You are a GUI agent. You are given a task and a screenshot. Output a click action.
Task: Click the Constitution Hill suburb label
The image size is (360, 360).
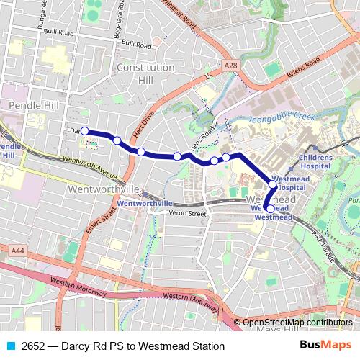pos(145,73)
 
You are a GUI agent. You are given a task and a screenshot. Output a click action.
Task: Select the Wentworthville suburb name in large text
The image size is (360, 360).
pos(102,189)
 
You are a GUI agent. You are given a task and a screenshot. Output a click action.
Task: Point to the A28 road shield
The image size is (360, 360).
pos(230,66)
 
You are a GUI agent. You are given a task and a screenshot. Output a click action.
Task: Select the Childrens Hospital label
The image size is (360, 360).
pos(315,161)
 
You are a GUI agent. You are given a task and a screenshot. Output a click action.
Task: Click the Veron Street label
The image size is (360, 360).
pos(187,212)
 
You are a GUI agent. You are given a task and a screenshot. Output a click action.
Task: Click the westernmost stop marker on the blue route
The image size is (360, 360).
pos(85,131)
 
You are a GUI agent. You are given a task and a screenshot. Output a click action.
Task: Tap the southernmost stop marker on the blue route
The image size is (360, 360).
pos(270,209)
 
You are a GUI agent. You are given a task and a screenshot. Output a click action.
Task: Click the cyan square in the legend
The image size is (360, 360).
pos(10,346)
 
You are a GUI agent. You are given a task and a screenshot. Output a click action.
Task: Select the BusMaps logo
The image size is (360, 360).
pos(325,346)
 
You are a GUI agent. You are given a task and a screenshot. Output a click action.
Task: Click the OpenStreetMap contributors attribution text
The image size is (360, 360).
pos(297,323)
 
